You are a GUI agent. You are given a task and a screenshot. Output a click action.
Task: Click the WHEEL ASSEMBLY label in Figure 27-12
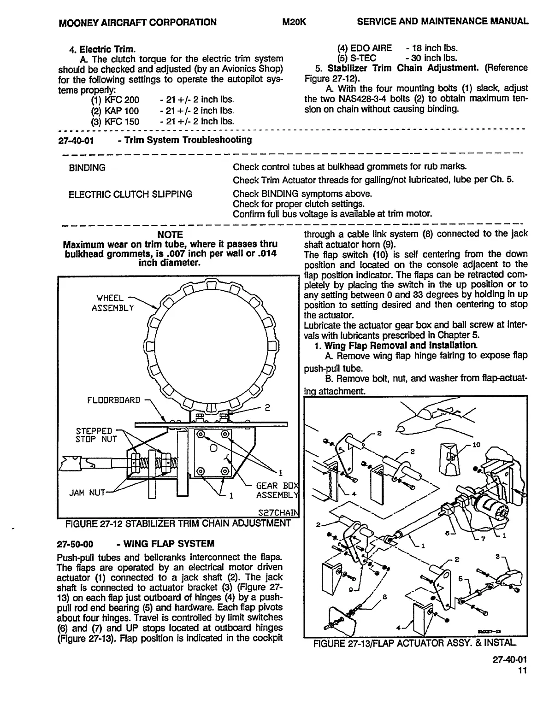click(112, 302)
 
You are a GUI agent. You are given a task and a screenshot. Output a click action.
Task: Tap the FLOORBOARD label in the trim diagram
click(113, 399)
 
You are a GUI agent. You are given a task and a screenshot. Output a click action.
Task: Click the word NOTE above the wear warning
click(170, 235)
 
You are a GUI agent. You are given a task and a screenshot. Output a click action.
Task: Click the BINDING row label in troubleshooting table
click(87, 168)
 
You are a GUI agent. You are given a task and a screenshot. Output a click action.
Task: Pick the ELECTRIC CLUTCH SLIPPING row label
click(130, 194)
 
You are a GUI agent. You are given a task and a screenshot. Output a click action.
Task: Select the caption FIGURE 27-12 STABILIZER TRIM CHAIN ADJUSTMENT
click(178, 523)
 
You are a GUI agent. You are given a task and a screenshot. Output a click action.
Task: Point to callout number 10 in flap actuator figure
click(476, 445)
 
